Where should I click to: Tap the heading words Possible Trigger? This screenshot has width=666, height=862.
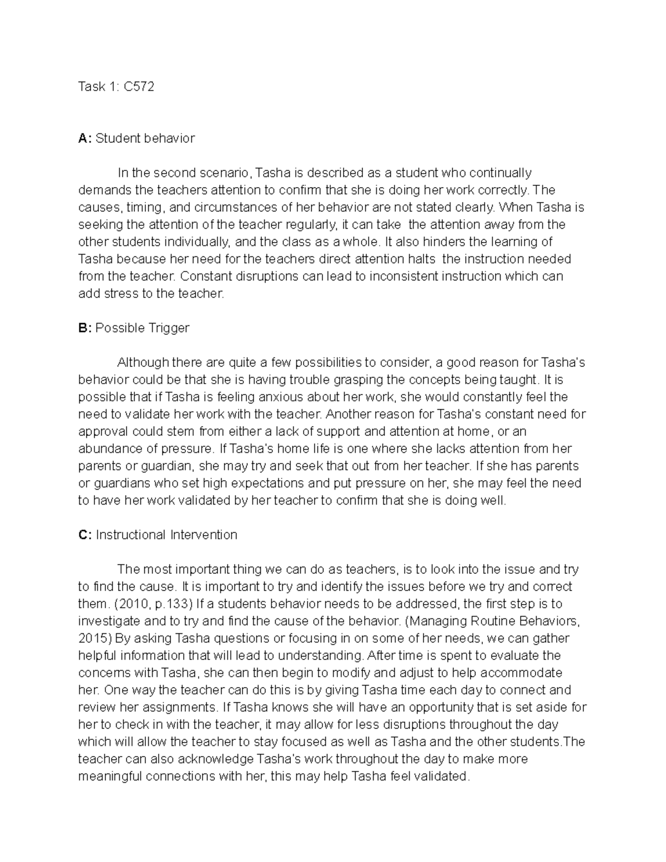[142, 329]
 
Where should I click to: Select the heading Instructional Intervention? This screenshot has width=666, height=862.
[167, 535]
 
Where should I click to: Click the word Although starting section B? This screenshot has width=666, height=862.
[143, 363]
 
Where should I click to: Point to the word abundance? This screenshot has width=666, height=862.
[106, 449]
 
